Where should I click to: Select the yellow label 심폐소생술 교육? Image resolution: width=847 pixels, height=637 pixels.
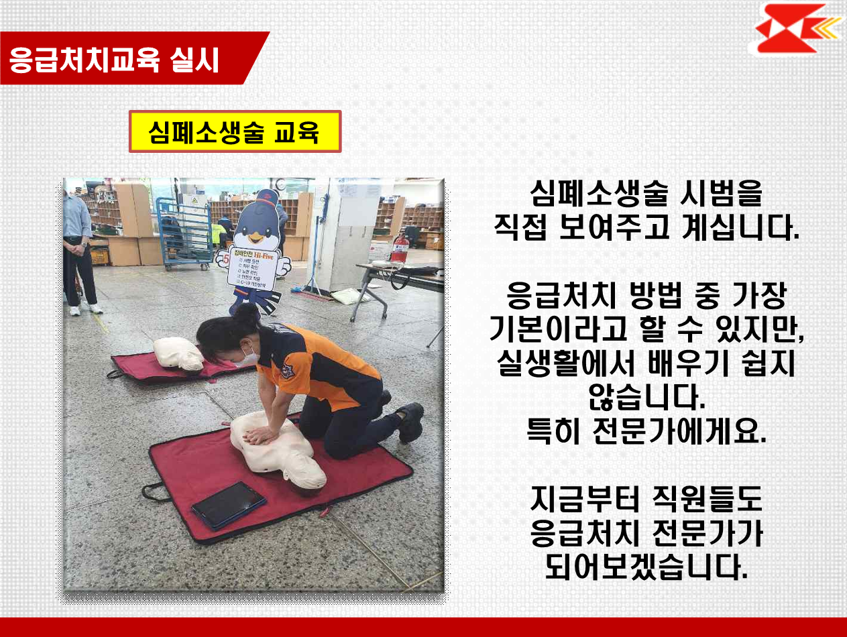[235, 132]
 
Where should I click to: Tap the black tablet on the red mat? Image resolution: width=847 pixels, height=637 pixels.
[228, 504]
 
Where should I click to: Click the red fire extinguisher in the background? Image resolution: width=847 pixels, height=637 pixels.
[400, 249]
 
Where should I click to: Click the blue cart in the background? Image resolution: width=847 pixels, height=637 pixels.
[182, 231]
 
